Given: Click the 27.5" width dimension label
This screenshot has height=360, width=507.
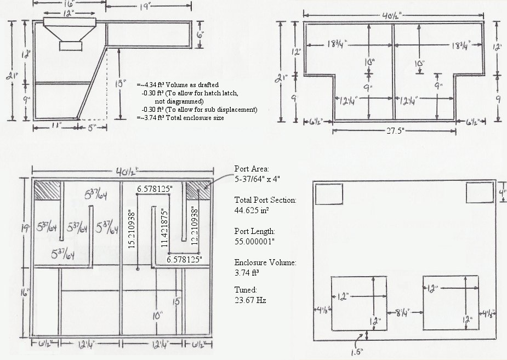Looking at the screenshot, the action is point(395,131).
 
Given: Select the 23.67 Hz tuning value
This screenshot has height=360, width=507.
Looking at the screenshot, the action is point(250,300).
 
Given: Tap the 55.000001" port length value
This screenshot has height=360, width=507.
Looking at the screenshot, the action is point(254,242).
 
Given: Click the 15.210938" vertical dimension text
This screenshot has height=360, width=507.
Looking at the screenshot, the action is point(132,230).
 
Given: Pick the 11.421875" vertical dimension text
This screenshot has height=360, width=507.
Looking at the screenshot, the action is point(164,228).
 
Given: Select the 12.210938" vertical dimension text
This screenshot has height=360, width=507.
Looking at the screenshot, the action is point(195,227).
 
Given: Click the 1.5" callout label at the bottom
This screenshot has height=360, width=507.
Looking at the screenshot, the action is point(357,351).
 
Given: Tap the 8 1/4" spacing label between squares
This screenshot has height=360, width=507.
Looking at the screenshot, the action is point(402,312).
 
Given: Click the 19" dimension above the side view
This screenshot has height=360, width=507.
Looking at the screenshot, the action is point(146,7).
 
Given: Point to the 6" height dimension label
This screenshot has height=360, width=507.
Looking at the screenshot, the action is point(201,35).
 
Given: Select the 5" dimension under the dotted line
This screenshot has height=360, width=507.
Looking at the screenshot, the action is point(92,128).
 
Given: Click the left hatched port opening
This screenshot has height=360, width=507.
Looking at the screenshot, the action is point(47,190).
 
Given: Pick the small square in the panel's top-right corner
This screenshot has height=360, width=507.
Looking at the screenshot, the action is point(479,193).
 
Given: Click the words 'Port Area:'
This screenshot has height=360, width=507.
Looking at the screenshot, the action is point(252,169).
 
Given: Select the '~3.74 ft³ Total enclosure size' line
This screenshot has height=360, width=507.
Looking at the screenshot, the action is point(180,118).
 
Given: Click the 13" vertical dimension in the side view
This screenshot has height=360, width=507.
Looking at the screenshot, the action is point(120,84).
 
